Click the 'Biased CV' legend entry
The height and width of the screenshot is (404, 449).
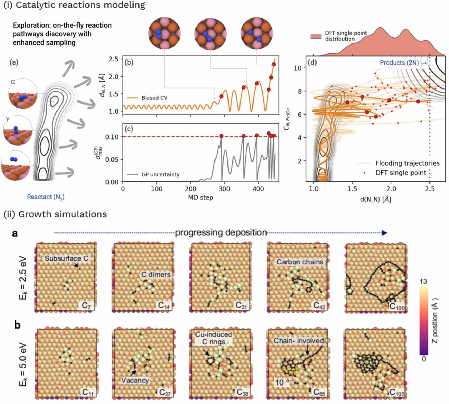click(x=147, y=98)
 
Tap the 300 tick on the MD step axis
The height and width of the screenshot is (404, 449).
click(x=224, y=189)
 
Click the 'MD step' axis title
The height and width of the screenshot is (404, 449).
click(x=200, y=198)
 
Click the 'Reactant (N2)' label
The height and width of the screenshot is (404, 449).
click(x=46, y=197)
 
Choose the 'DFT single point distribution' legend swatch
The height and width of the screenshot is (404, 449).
click(x=316, y=36)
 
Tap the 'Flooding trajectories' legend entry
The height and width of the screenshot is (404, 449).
click(x=399, y=163)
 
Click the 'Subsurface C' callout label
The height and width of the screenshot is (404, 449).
click(x=66, y=258)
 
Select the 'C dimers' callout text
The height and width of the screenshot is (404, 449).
click(x=156, y=275)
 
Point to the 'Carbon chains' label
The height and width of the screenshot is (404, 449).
click(x=300, y=262)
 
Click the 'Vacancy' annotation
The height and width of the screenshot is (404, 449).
click(x=135, y=380)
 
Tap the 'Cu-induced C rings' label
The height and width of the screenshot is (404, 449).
click(x=213, y=338)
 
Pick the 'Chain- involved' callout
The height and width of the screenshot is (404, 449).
click(x=299, y=341)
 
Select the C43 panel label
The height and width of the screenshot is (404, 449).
click(x=319, y=305)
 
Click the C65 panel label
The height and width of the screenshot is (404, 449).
click(x=319, y=392)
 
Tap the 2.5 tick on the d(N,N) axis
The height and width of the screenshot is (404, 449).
click(x=430, y=189)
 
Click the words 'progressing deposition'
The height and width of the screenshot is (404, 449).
click(x=221, y=232)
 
